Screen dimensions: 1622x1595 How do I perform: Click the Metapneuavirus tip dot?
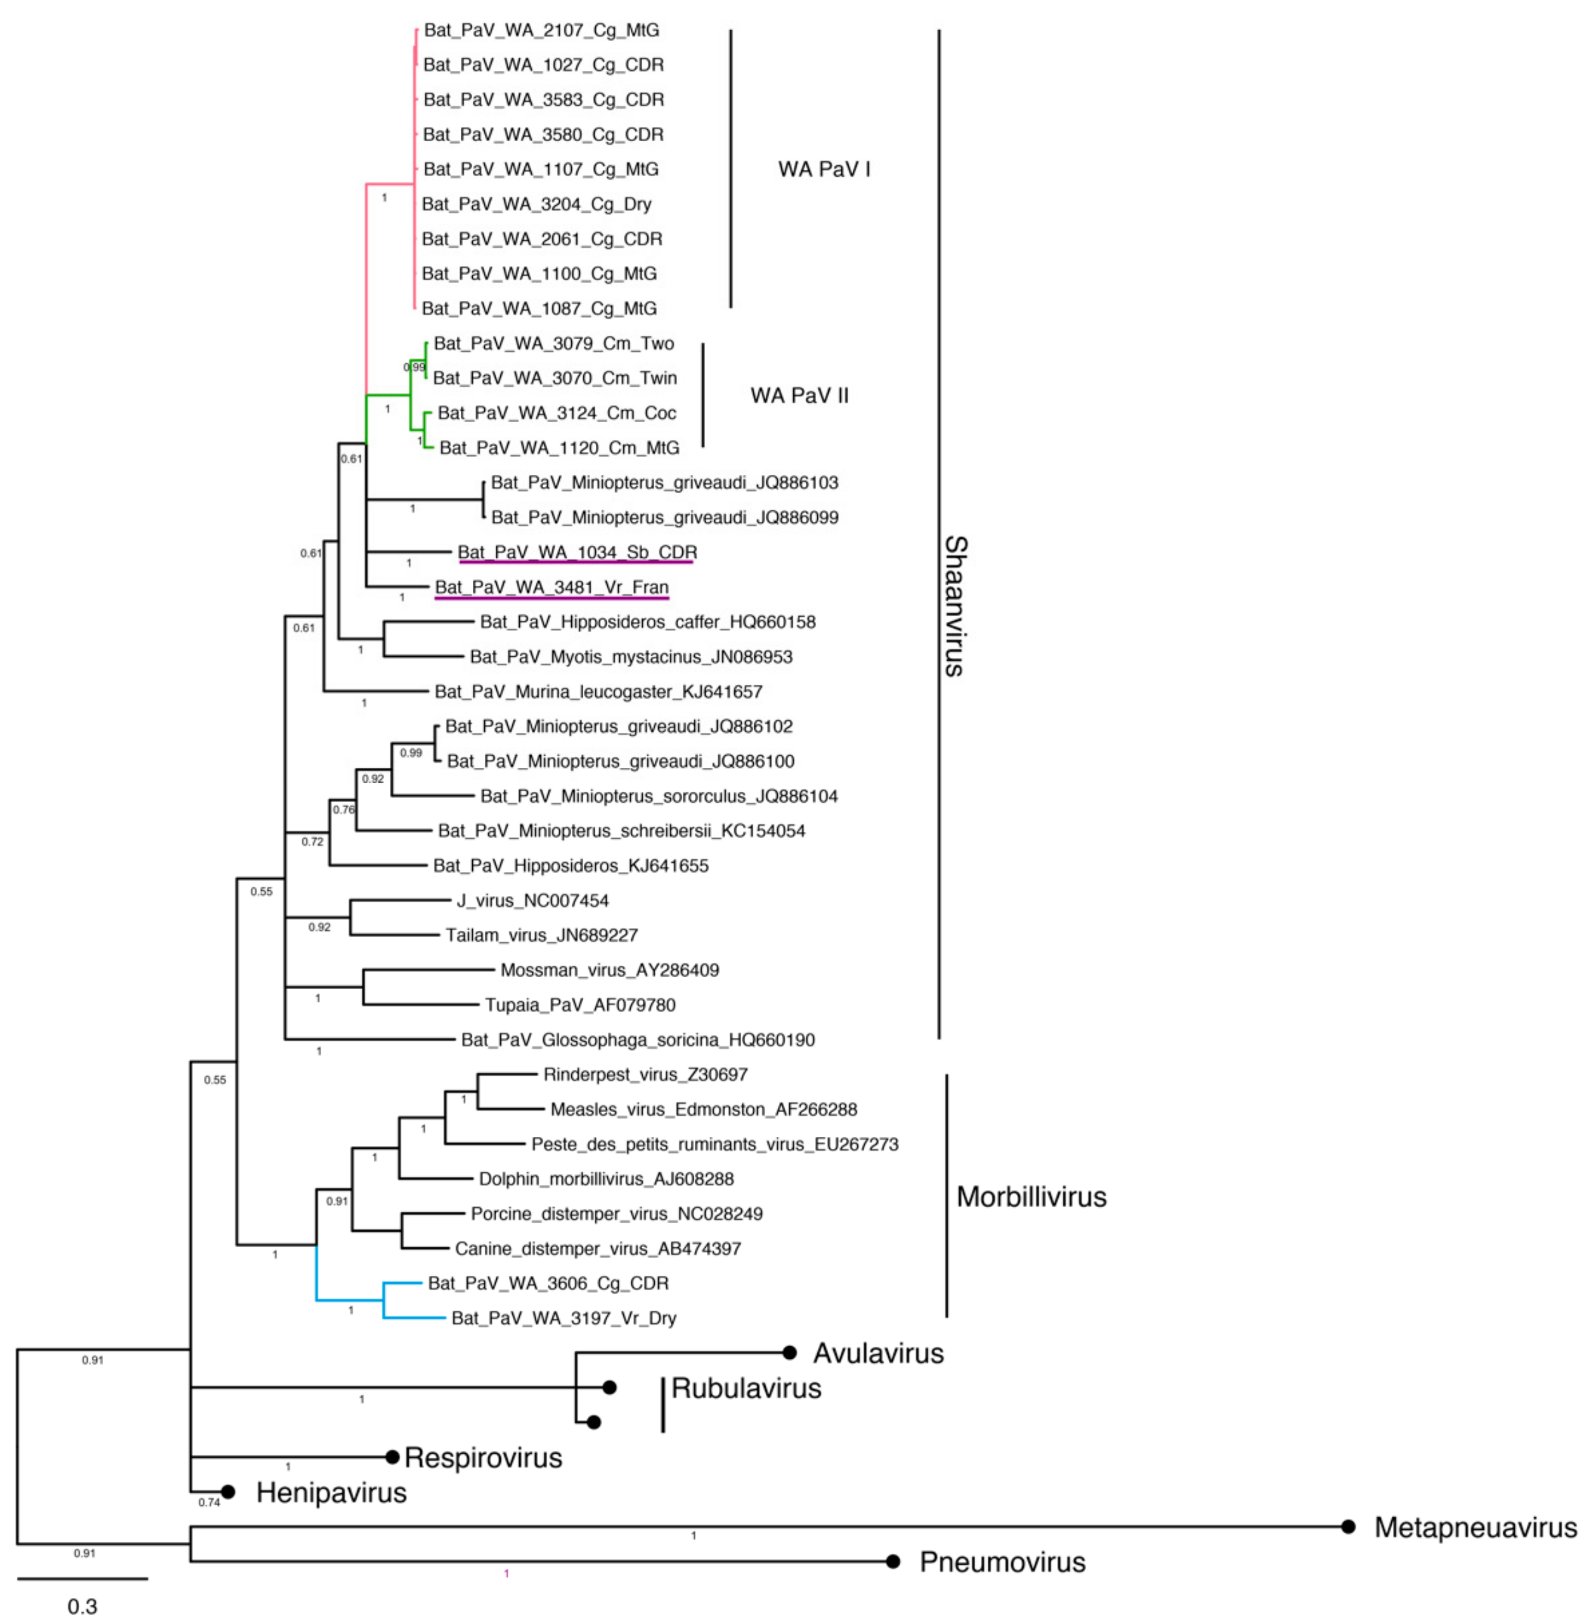(x=1348, y=1527)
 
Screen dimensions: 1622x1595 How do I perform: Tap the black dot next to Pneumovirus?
(x=893, y=1562)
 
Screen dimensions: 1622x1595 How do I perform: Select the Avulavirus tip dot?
(x=789, y=1352)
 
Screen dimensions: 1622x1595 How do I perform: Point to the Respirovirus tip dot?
(x=392, y=1457)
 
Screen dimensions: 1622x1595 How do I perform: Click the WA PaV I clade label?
(x=824, y=169)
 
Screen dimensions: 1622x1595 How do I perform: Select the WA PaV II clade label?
(x=799, y=396)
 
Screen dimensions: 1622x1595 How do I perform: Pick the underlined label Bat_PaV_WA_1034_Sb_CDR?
(x=577, y=552)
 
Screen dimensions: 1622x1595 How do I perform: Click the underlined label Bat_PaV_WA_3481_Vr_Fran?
(x=551, y=587)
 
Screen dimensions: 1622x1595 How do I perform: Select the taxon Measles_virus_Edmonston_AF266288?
(x=704, y=1109)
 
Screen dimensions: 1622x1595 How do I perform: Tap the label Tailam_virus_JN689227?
(x=541, y=935)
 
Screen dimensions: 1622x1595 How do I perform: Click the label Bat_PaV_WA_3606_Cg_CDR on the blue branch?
(x=548, y=1283)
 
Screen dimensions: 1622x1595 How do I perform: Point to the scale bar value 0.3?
(x=82, y=1606)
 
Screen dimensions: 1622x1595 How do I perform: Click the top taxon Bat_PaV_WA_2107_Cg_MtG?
(x=541, y=30)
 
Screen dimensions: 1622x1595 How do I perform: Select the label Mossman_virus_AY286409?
(x=609, y=970)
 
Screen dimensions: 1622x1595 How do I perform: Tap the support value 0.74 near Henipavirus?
(x=208, y=1502)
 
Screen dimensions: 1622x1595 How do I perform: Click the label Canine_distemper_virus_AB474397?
(x=597, y=1248)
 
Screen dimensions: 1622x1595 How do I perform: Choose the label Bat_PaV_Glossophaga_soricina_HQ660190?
(x=637, y=1040)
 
